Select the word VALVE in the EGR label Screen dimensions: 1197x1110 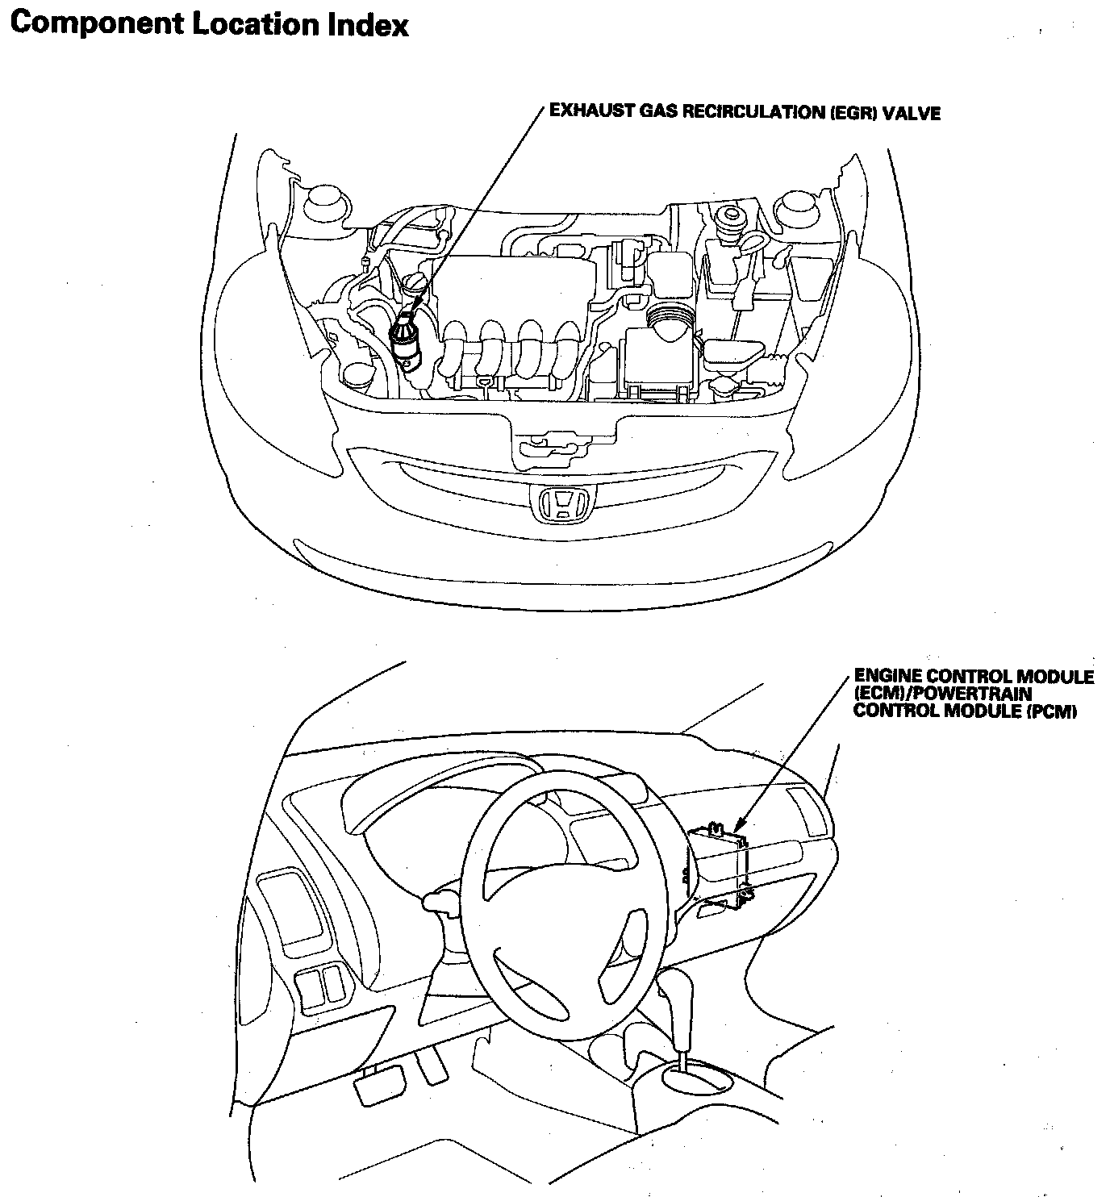tap(912, 113)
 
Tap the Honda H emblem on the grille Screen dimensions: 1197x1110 tap(556, 504)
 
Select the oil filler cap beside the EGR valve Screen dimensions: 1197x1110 tap(415, 286)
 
